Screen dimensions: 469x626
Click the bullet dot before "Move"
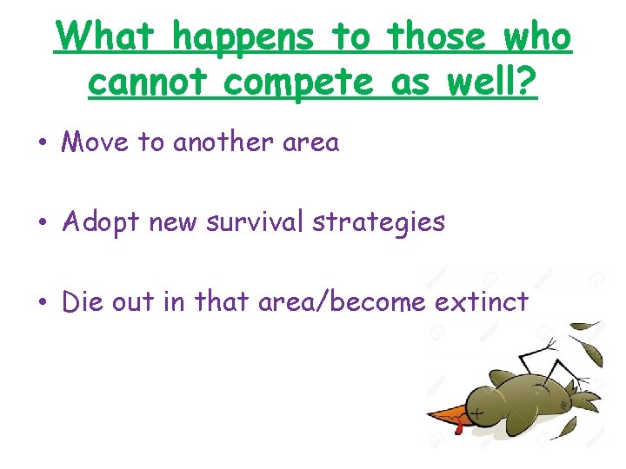42,143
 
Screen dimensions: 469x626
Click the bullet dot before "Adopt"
42,223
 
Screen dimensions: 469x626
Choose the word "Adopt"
102,223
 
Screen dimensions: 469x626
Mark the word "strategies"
378,223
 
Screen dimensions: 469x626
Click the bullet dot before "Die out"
42,302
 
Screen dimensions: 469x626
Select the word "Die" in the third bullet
83,301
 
